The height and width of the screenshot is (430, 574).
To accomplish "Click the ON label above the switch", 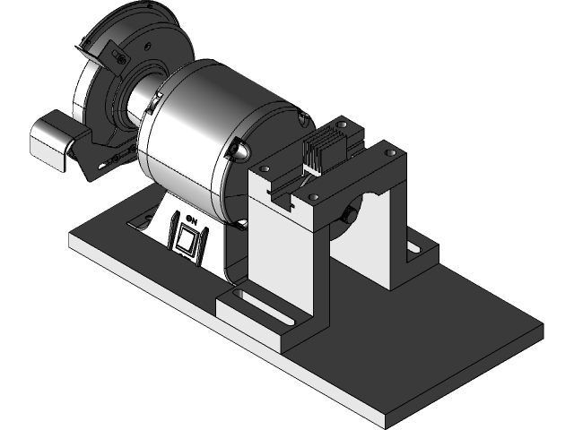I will [x=190, y=217].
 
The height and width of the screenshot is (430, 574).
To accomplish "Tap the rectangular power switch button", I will [x=187, y=239].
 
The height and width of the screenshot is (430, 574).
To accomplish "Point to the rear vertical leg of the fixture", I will [x=395, y=233].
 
